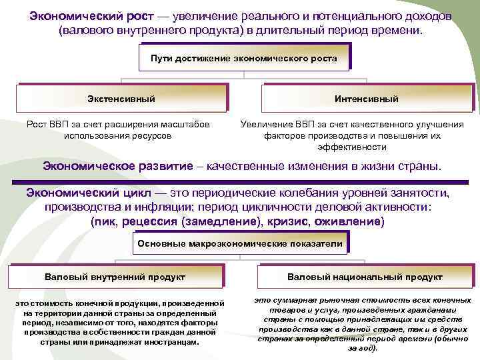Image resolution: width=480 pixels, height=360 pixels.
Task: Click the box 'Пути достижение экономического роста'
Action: pyautogui.click(x=244, y=59)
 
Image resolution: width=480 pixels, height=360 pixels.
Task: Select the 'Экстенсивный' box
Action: pyautogui.click(x=121, y=99)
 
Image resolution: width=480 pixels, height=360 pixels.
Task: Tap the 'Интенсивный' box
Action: pyautogui.click(x=367, y=99)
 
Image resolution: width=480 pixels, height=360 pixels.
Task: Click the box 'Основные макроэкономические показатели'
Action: pyautogui.click(x=240, y=244)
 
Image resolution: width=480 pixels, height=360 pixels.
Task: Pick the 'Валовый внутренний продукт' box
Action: pyautogui.click(x=115, y=277)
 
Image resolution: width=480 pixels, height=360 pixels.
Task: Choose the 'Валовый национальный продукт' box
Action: pyautogui.click(x=365, y=277)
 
